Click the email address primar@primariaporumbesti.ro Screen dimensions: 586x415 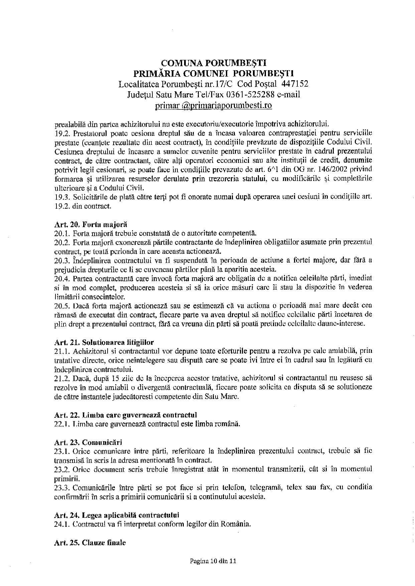[x=214, y=106]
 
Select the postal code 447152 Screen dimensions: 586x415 [x=295, y=84]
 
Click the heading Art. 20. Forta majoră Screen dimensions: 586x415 [x=91, y=224]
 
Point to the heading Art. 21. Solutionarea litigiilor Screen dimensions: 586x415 [x=104, y=342]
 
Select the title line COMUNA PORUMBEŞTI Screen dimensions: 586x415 [x=214, y=63]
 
